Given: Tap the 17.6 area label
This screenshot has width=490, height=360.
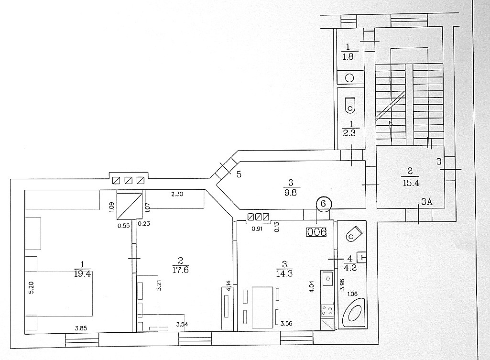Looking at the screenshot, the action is tap(180, 269).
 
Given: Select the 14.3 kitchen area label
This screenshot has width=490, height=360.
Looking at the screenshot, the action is tap(284, 273).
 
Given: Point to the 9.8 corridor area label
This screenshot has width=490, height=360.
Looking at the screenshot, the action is tap(291, 192).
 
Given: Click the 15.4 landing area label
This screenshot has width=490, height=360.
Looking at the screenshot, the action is tap(411, 183).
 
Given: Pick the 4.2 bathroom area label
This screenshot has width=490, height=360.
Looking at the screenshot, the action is tap(350, 268).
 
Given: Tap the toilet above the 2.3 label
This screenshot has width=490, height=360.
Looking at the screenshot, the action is tap(350, 105).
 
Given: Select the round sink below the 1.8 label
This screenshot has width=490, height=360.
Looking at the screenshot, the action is tap(349, 78).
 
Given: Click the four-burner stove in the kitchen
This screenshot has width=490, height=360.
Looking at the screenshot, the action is tap(327, 310).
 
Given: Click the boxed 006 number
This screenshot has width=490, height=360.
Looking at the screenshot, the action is tap(317, 232).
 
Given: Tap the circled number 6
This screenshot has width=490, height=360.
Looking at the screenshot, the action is tap(324, 204).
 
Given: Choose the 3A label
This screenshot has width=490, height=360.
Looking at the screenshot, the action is tap(426, 202).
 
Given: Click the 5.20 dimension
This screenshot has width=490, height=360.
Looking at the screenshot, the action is tap(31, 287).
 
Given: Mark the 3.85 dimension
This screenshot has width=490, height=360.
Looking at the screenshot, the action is tap(81, 328).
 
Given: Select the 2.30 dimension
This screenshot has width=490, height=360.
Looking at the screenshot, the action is tap(177, 194).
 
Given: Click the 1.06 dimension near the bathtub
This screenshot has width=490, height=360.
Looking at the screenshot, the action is tap(352, 294).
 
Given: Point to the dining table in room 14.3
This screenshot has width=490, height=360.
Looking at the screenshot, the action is tap(262, 307).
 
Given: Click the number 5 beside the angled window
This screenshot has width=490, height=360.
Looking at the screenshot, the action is tap(239, 175).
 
